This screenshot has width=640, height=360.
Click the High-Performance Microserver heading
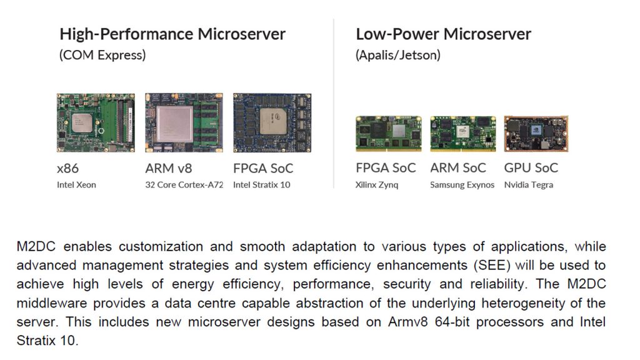(172, 34)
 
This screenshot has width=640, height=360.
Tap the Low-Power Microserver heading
(443, 34)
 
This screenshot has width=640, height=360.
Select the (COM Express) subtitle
(102, 55)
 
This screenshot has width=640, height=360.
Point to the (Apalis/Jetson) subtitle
(398, 55)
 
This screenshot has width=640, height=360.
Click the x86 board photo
(96, 123)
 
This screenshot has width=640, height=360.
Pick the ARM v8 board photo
(184, 123)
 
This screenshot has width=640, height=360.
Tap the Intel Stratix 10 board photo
(272, 123)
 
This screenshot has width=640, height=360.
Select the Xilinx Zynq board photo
(389, 134)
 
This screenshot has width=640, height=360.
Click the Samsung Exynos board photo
(463, 134)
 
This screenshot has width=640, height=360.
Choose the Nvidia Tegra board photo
(536, 134)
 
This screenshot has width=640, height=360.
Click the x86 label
(67, 169)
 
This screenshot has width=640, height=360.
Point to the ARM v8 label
(169, 168)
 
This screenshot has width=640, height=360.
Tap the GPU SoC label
(531, 167)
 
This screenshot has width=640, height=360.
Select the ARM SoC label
(458, 167)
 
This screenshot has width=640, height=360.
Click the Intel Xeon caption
(76, 185)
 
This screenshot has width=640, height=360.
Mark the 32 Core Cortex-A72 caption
(184, 185)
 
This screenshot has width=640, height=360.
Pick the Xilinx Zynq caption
(377, 185)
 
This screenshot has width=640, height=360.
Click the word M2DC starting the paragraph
(36, 246)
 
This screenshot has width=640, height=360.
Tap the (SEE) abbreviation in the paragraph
(492, 265)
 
